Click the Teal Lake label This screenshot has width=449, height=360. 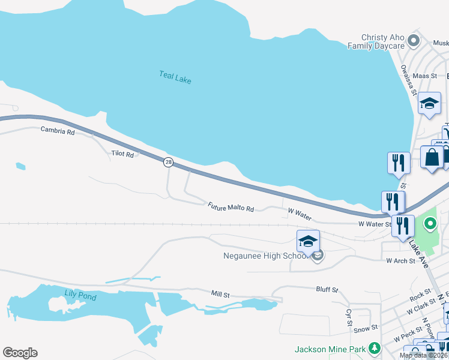[175, 77]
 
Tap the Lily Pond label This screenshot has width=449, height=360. [79, 294]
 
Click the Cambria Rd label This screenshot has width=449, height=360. [58, 131]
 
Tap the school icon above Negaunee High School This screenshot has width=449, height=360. [308, 241]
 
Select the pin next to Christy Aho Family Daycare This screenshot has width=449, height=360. [414, 41]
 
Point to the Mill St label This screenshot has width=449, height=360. [220, 294]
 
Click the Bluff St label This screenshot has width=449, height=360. [327, 289]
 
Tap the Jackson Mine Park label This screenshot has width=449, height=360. [330, 349]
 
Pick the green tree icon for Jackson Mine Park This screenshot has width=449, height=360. [375, 348]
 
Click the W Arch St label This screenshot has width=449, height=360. [400, 261]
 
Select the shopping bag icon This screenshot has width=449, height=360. [432, 158]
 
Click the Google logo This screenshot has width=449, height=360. [20, 353]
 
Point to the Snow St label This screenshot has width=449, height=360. [365, 328]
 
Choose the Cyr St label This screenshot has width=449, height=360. [348, 317]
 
